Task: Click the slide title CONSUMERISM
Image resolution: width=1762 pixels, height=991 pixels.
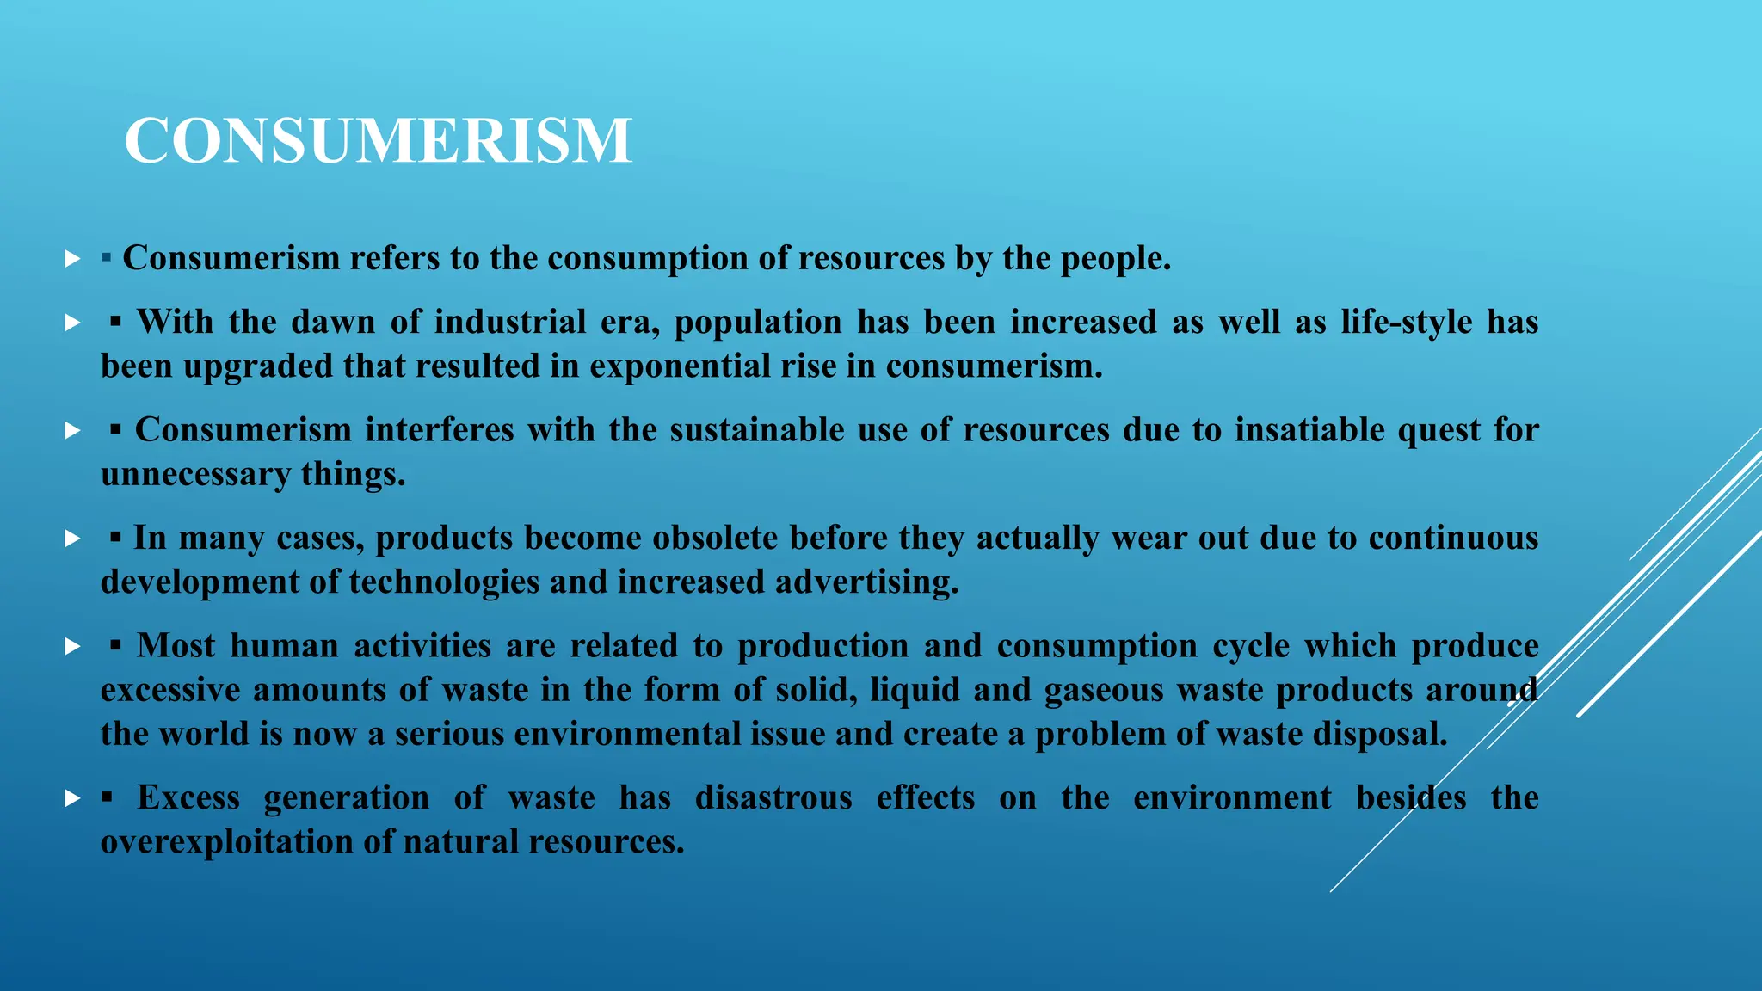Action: click(x=379, y=140)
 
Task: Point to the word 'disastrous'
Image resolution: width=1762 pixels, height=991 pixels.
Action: click(x=773, y=798)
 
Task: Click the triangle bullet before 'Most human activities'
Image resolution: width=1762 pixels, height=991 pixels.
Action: click(x=72, y=647)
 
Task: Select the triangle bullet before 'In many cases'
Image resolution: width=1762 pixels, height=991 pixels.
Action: click(x=72, y=539)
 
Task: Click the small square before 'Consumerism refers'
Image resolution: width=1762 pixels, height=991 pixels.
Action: click(x=107, y=258)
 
